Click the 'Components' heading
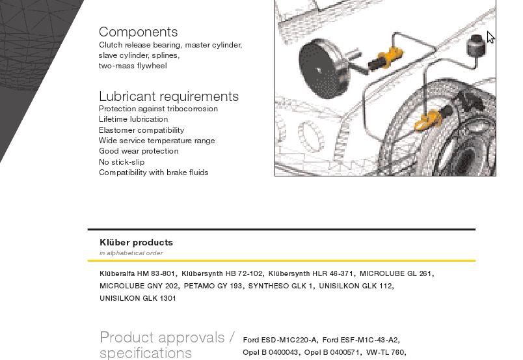click(x=138, y=32)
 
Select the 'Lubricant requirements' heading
click(x=168, y=96)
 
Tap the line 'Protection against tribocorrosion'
click(x=158, y=109)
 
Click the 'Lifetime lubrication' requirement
click(x=133, y=119)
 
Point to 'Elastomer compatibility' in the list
click(x=141, y=130)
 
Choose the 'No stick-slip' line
click(x=122, y=162)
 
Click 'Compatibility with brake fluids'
click(x=154, y=173)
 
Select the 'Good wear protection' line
click(x=139, y=151)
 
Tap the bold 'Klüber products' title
click(x=136, y=242)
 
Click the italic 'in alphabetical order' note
click(x=131, y=253)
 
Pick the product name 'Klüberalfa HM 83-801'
click(x=137, y=273)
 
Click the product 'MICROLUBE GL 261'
click(x=396, y=273)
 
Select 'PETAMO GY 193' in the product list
click(x=213, y=286)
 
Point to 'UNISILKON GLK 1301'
click(x=137, y=298)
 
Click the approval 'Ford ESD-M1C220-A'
click(x=280, y=340)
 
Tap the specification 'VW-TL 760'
click(x=385, y=352)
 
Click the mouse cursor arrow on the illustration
click(x=490, y=37)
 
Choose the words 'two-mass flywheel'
click(x=133, y=66)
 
